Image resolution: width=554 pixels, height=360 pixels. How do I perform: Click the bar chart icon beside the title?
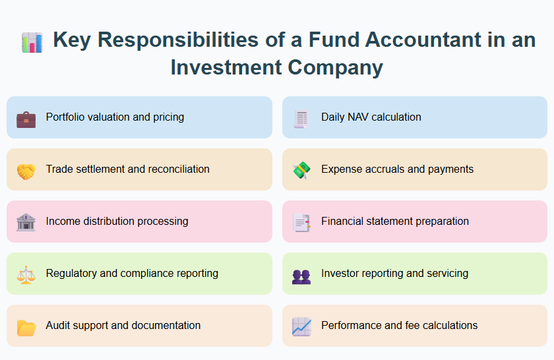(32, 42)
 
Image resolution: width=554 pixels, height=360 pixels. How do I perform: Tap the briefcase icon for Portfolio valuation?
(26, 118)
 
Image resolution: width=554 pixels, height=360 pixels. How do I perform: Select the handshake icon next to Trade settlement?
(26, 170)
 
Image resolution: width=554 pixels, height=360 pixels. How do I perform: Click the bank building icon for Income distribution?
(26, 222)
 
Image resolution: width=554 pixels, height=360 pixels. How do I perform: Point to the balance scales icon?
(26, 274)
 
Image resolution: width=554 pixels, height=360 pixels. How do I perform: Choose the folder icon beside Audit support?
(26, 326)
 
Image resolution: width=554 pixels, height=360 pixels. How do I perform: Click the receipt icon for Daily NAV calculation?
(301, 118)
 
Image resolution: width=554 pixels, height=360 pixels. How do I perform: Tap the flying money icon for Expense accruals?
(301, 170)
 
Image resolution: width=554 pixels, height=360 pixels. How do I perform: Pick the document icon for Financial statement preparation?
(301, 222)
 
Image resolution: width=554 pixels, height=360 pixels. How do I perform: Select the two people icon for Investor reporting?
(301, 274)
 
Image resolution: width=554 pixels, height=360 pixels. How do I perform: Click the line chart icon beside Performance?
(301, 326)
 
